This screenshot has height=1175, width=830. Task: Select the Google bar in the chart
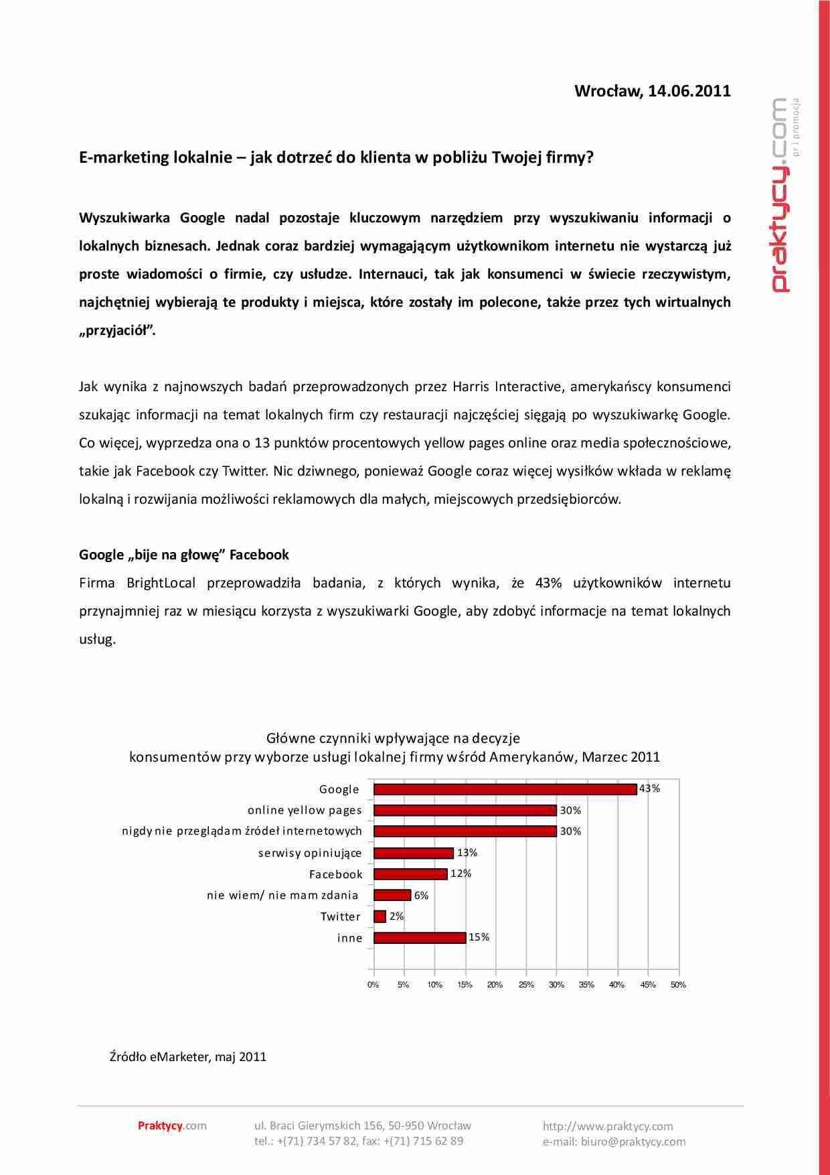pos(505,789)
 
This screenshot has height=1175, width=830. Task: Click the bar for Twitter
pos(380,916)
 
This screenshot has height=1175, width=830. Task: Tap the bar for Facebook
pos(410,874)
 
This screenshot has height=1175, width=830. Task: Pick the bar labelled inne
pos(420,938)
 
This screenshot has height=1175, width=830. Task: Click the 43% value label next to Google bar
pos(649,788)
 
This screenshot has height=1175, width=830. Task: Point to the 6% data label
pos(421,896)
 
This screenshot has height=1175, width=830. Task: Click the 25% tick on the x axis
pos(526,985)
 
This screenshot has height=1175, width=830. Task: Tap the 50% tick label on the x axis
pos(678,985)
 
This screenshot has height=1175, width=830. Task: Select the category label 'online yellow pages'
pos(305,811)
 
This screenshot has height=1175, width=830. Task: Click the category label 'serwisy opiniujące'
pos(310,853)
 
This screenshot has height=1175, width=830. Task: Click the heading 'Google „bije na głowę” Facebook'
pos(184,555)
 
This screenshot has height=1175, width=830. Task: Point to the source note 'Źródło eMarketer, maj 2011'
pos(188,1056)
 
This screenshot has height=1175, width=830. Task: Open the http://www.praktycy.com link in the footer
pos(608,1126)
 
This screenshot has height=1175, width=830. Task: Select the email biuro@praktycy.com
pos(633,1142)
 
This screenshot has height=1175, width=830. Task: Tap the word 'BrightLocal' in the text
pos(161,583)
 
